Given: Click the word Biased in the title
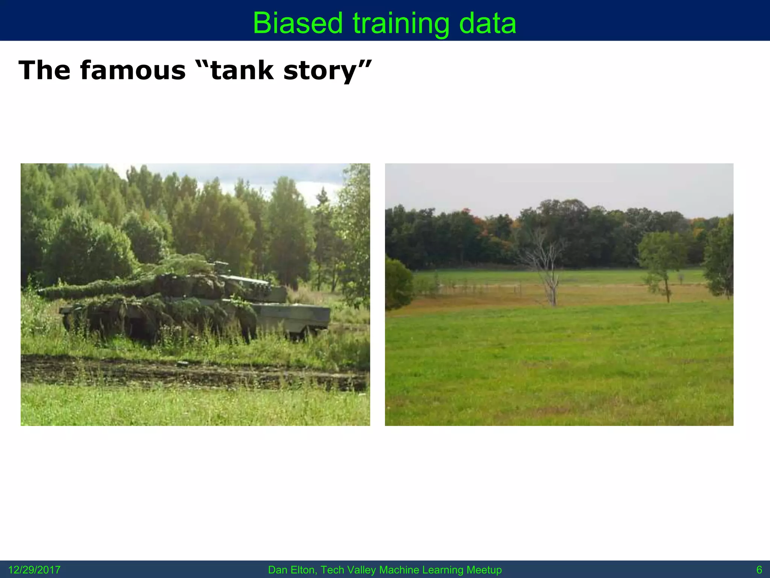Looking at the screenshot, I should [297, 23].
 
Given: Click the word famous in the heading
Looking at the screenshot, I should [133, 70].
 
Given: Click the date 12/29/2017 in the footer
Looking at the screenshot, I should [34, 570].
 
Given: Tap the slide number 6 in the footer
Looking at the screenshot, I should [759, 570].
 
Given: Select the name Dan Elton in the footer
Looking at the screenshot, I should [292, 570].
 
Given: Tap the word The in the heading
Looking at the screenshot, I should [44, 70].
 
